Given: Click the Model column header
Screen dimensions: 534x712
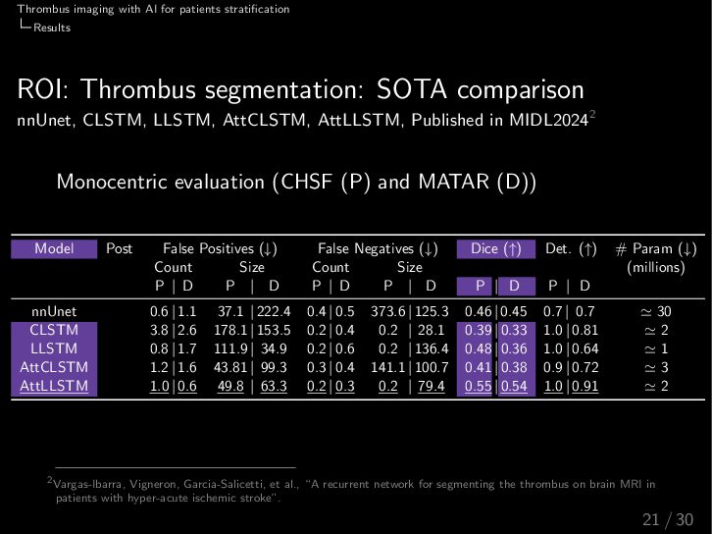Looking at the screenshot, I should click(54, 249).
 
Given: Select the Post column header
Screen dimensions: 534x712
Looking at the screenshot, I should click(119, 249).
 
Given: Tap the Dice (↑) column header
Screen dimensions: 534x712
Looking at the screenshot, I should click(495, 249).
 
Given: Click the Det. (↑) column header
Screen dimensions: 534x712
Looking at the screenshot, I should click(570, 249).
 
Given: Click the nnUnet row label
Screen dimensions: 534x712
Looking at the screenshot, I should click(54, 312).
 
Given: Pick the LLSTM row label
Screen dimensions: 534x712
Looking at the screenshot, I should click(54, 349).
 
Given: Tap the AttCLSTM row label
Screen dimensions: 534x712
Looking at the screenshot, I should click(54, 368).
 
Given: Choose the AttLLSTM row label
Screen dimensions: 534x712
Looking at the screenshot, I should click(54, 387).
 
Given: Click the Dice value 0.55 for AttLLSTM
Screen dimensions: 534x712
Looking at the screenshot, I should click(478, 387).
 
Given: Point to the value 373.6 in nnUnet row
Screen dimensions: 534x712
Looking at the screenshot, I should click(384, 312).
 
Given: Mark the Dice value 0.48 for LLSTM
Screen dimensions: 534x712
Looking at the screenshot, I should click(478, 349).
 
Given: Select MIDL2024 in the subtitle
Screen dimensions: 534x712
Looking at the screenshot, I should click(548, 122).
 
